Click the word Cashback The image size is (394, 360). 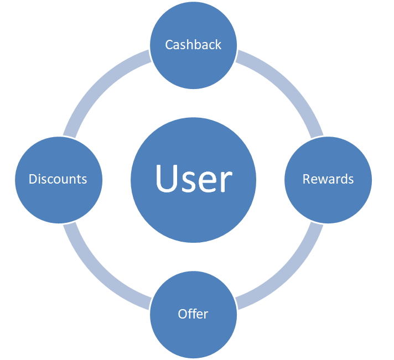pyautogui.click(x=193, y=45)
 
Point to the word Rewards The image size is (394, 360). pyautogui.click(x=328, y=179)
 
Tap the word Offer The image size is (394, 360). pyautogui.click(x=193, y=314)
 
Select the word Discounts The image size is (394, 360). pyautogui.click(x=58, y=179)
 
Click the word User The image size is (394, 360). pyautogui.click(x=193, y=179)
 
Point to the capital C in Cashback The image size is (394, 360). pyautogui.click(x=169, y=45)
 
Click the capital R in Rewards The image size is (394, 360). pyautogui.click(x=306, y=179)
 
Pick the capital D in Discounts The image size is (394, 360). pyautogui.click(x=33, y=179)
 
